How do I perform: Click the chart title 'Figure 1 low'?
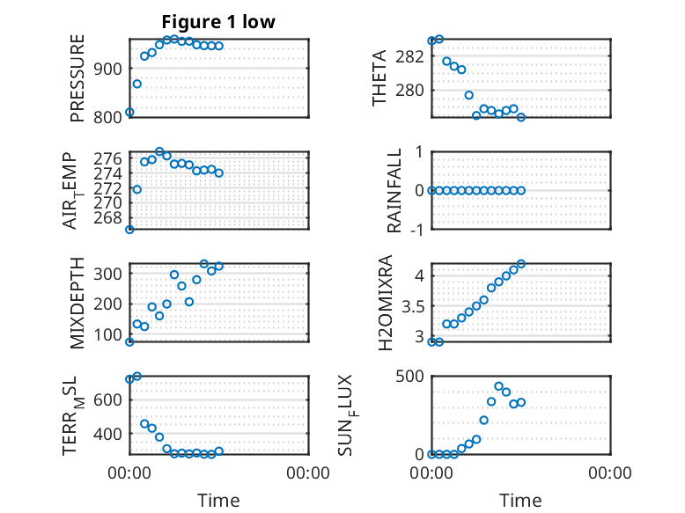tap(218, 22)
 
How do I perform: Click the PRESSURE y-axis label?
tap(77, 78)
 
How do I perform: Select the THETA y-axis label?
tap(379, 78)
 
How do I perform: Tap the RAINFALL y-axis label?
tap(394, 190)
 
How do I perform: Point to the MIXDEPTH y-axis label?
tap(77, 303)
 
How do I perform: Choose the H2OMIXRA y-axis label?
tap(386, 303)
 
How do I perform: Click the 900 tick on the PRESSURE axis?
tap(107, 69)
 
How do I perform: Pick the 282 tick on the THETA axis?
tap(409, 56)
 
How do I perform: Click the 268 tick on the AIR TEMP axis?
tap(107, 217)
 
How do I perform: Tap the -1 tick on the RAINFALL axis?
tap(417, 229)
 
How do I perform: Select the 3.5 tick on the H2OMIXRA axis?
tap(413, 306)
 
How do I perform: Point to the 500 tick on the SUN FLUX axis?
tap(409, 376)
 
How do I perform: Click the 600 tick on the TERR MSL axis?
tap(107, 399)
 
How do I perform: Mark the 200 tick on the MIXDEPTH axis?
tap(107, 304)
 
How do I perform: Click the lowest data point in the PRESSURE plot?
tap(129, 113)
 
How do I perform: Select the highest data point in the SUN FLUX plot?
tap(499, 386)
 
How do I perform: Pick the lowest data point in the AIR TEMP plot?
tap(129, 229)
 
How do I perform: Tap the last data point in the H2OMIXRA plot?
tap(521, 264)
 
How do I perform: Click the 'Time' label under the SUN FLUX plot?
tap(520, 500)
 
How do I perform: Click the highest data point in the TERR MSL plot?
tap(137, 376)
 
